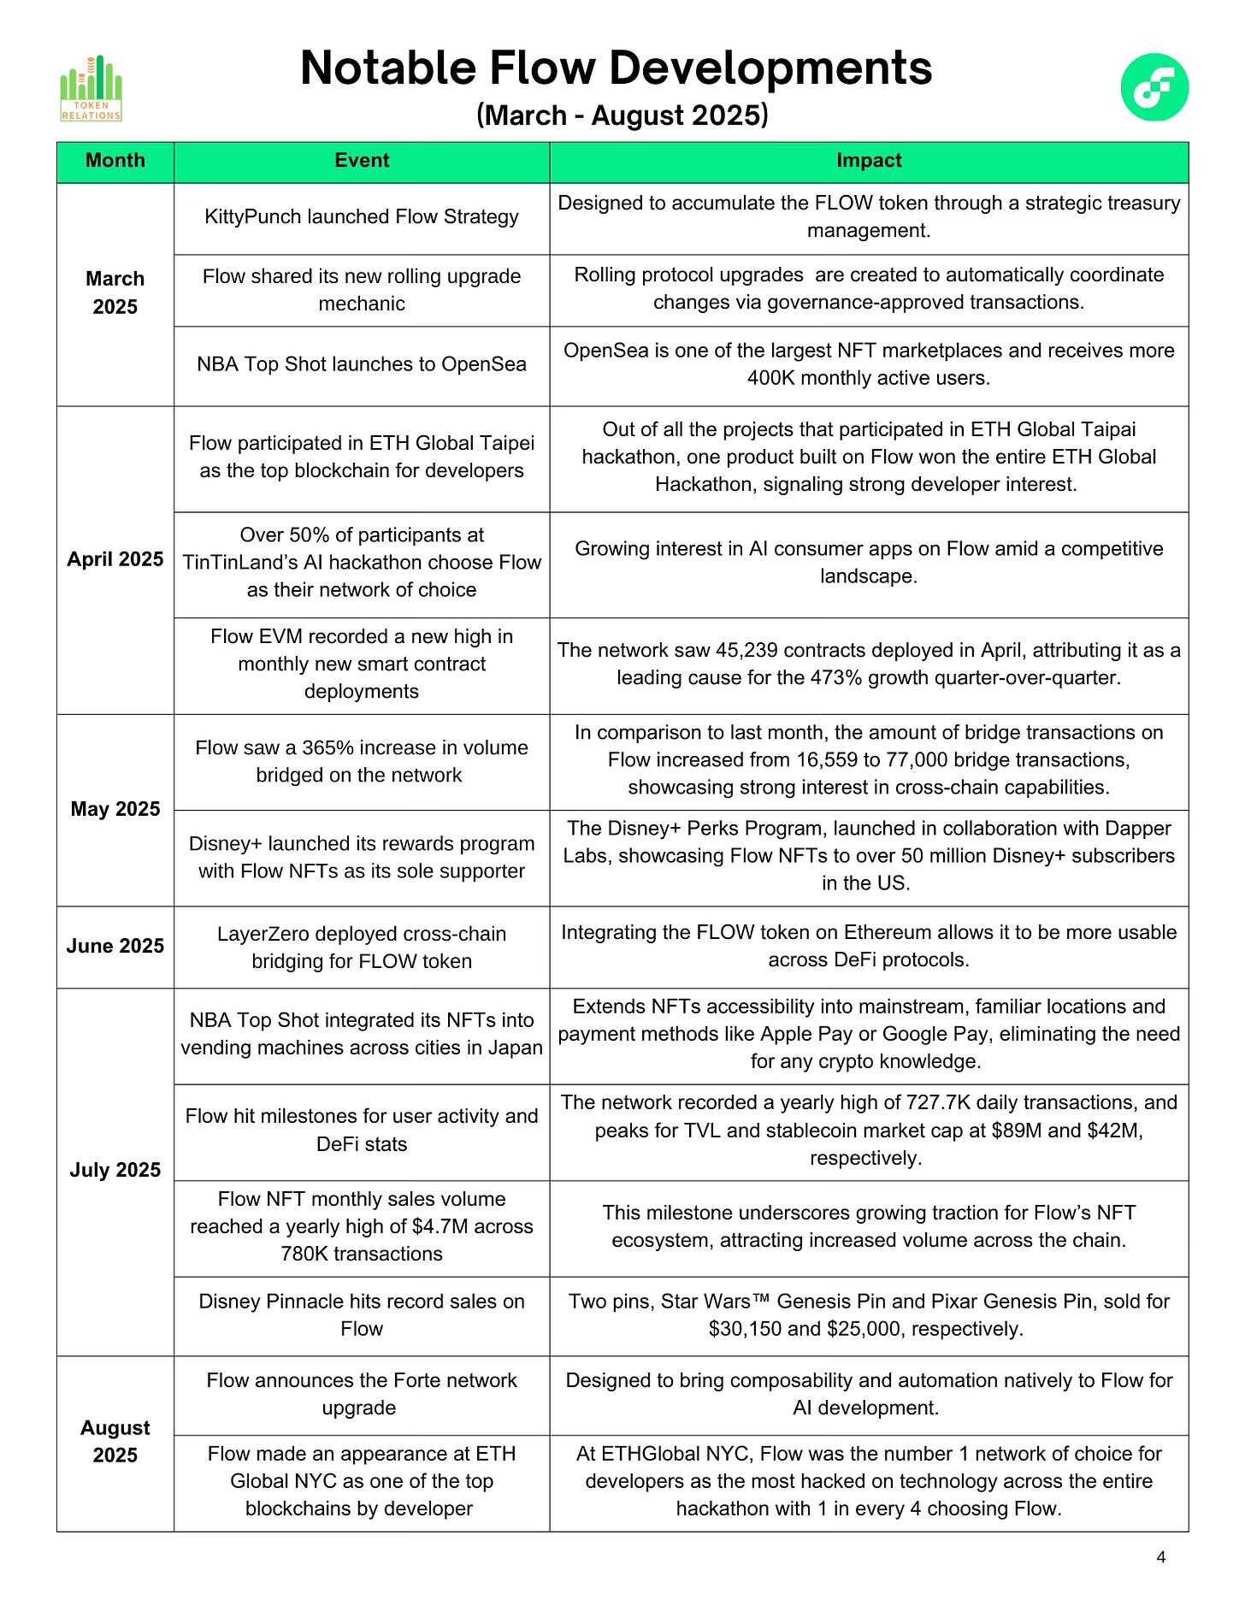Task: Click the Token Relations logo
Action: point(91,89)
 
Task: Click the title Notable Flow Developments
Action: point(616,68)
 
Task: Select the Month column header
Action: point(115,161)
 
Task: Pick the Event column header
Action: point(362,161)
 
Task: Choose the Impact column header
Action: point(869,161)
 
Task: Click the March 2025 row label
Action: point(115,292)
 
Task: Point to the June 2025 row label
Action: point(115,946)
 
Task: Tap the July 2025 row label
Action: point(115,1170)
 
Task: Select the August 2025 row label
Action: point(115,1441)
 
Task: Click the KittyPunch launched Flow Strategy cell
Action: point(362,216)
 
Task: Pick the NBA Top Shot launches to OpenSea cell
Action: point(362,364)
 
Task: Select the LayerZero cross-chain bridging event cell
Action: point(362,948)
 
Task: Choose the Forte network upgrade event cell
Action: point(362,1394)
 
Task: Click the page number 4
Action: point(1160,1557)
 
